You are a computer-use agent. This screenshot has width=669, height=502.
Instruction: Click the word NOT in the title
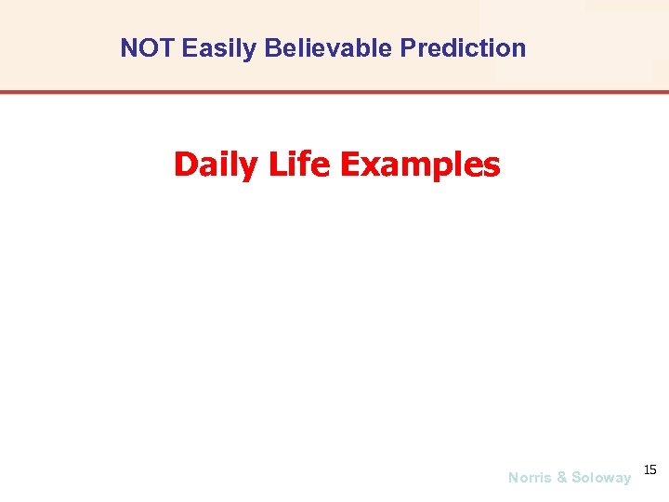[148, 48]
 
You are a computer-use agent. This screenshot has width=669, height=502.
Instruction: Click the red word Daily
[216, 165]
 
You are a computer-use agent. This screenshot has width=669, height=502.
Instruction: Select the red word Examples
[420, 165]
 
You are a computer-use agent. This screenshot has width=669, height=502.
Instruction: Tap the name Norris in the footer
[530, 478]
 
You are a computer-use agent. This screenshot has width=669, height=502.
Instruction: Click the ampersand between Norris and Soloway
[561, 478]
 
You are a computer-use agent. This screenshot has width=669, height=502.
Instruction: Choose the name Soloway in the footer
[600, 478]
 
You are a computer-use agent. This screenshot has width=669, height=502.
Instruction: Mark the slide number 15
[649, 469]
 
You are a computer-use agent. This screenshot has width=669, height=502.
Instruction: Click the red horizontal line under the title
[334, 92]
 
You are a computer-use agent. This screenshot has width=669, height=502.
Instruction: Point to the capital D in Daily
[185, 165]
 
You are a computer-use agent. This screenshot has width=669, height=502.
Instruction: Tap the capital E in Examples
[349, 165]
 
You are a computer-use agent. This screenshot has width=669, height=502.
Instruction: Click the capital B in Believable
[271, 48]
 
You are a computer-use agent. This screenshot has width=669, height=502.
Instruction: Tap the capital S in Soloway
[576, 478]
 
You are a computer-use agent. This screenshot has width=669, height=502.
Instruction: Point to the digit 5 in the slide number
[653, 469]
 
